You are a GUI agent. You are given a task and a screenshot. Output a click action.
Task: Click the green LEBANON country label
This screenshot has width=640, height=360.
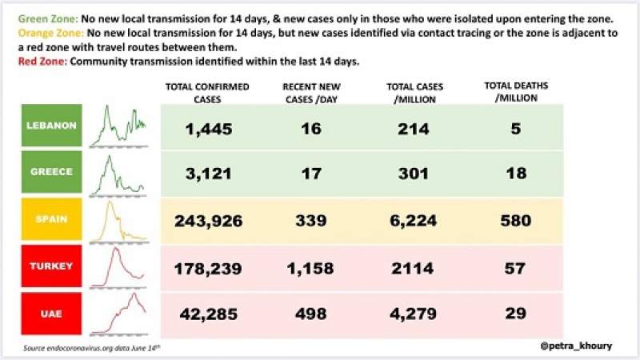click(x=52, y=126)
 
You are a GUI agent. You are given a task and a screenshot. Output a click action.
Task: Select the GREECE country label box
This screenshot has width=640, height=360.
click(x=52, y=171)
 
